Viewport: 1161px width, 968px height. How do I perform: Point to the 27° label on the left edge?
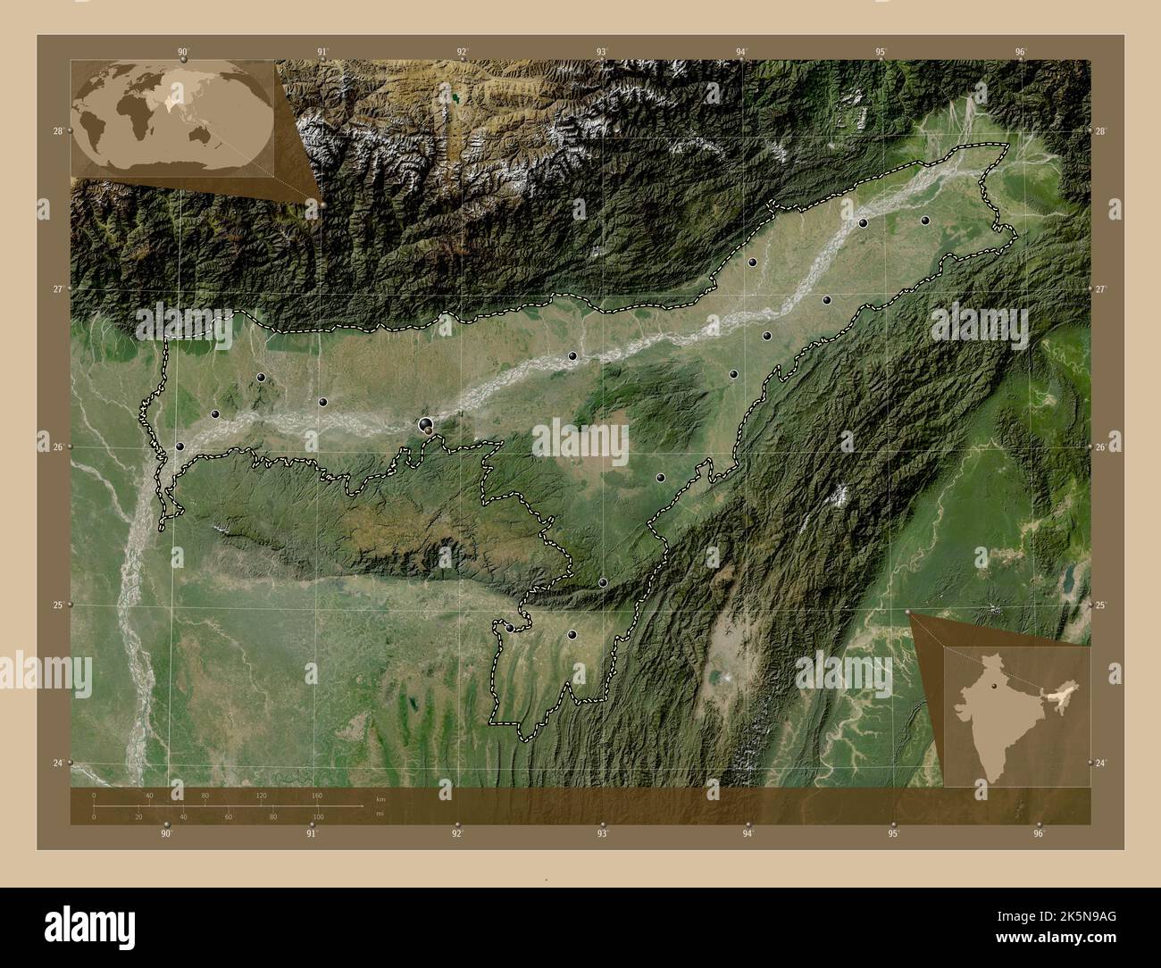pos(57,289)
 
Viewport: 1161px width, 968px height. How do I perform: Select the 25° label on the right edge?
pos(1101,605)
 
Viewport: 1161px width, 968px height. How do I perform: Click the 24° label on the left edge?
pos(57,763)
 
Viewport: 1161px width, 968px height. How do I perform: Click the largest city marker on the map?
pos(426,424)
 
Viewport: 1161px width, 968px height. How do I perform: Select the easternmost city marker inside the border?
pos(926,220)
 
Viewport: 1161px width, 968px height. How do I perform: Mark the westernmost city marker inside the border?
pos(180,446)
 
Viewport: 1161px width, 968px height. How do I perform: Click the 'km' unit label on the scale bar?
pos(380,799)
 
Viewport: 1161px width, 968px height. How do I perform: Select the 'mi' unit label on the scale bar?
pos(380,814)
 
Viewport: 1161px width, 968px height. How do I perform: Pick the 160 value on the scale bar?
pos(316,795)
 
